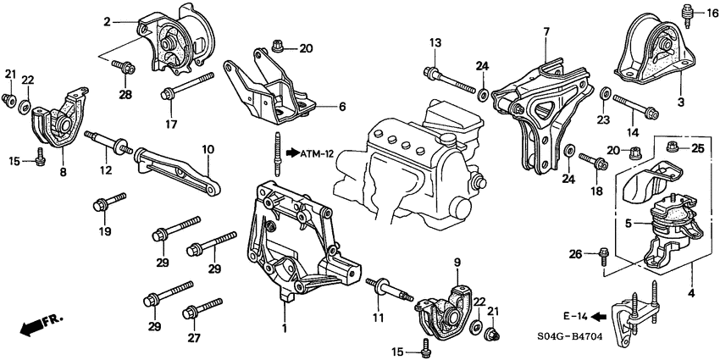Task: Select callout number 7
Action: [x=546, y=31]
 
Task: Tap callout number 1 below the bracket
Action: [x=284, y=327]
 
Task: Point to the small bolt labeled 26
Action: [x=601, y=252]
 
